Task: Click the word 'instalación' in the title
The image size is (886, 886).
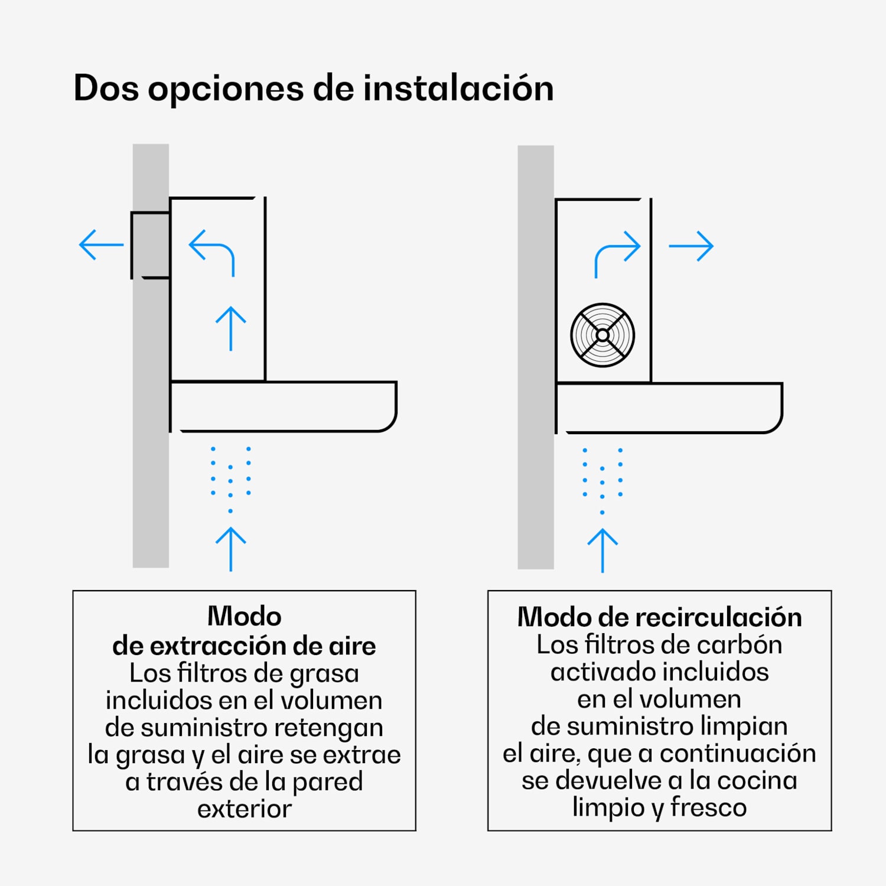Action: (458, 89)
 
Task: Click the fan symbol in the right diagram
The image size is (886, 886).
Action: (602, 335)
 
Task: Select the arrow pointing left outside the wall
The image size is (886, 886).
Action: (101, 245)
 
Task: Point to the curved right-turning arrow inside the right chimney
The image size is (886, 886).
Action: (616, 253)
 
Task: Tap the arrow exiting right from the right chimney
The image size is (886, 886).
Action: (691, 246)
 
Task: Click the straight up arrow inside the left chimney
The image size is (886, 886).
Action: (230, 328)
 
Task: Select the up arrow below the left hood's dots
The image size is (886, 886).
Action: (230, 549)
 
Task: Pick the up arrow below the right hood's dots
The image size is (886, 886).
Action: (602, 550)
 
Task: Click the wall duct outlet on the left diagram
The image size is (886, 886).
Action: (150, 245)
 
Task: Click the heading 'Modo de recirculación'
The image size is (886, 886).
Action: (659, 617)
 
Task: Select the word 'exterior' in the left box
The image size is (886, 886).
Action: (244, 809)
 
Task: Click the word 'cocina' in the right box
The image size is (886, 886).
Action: (757, 780)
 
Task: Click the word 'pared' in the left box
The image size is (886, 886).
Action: (327, 782)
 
